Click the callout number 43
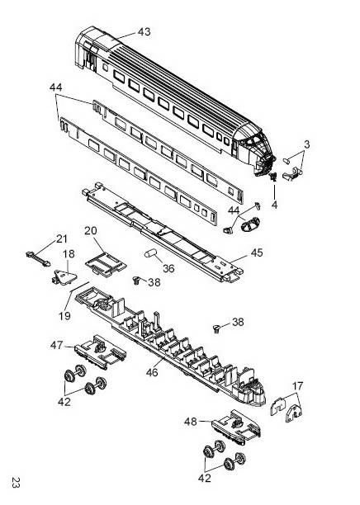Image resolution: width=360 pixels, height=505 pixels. (144, 32)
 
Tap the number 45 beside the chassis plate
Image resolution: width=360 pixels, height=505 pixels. (257, 252)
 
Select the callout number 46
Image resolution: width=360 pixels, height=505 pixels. (152, 373)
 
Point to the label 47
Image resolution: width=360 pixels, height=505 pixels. (56, 345)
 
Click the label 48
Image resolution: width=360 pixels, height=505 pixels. (190, 422)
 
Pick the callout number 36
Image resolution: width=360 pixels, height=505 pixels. (168, 268)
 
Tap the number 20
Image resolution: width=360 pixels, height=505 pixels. (91, 231)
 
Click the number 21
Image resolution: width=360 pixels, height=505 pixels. (62, 239)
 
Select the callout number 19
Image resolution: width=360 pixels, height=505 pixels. (64, 316)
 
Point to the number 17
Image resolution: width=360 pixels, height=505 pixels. (298, 386)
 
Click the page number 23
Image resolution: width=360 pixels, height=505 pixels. (16, 483)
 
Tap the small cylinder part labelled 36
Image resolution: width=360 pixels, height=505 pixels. (150, 253)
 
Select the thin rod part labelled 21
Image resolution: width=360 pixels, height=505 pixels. (38, 259)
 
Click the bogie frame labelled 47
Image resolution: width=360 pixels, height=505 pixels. (100, 352)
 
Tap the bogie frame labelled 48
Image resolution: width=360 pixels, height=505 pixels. (236, 427)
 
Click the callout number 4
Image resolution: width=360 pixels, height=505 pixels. (274, 205)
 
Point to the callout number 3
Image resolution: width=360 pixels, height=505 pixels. (306, 144)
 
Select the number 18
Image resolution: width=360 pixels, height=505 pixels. (69, 254)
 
